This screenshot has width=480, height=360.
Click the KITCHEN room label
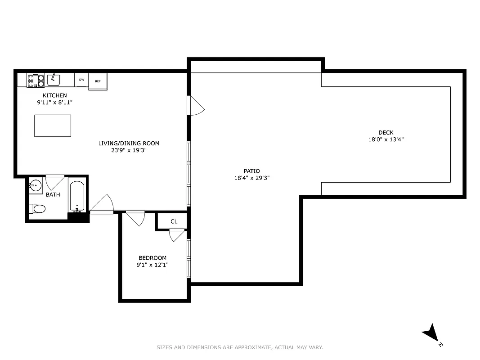pyautogui.click(x=54, y=95)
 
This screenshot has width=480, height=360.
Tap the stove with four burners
pyautogui.click(x=36, y=81)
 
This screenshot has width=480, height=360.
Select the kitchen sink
pyautogui.click(x=54, y=80)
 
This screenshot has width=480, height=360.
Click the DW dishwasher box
pyautogui.click(x=81, y=80)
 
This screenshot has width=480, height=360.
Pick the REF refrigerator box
pyautogui.click(x=98, y=81)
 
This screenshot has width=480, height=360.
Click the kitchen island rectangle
pyautogui.click(x=53, y=126)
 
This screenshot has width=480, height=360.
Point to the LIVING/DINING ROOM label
pyautogui.click(x=129, y=144)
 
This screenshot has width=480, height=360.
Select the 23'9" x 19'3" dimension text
pyautogui.click(x=129, y=151)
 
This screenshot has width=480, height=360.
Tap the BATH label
pyautogui.click(x=53, y=194)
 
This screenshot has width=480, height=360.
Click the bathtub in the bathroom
pyautogui.click(x=77, y=196)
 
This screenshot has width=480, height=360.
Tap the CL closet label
pyautogui.click(x=174, y=222)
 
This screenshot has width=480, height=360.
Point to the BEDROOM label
pyautogui.click(x=152, y=258)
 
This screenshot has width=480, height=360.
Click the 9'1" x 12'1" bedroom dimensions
pyautogui.click(x=152, y=265)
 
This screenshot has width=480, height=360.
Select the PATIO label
pyautogui.click(x=251, y=171)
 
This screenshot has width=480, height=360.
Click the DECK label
pyautogui.click(x=386, y=132)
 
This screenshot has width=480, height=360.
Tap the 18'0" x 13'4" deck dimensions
pyautogui.click(x=386, y=139)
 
